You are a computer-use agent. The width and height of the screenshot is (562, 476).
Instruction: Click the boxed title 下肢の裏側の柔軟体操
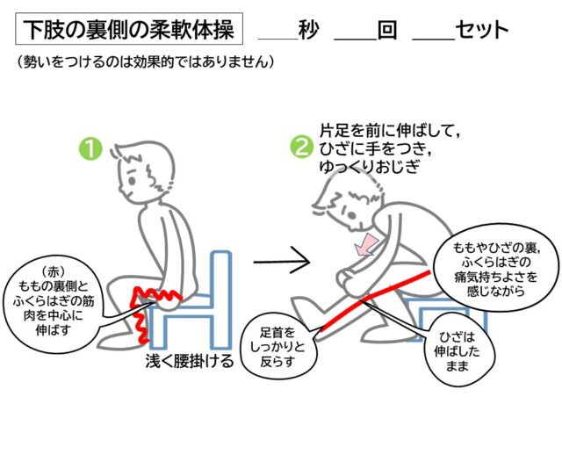[x=129, y=29]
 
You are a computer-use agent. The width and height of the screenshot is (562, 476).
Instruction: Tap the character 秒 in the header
[x=308, y=29]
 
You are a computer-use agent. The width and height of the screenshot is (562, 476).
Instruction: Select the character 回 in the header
[x=387, y=30]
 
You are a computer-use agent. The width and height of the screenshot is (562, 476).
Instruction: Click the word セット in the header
[x=482, y=30]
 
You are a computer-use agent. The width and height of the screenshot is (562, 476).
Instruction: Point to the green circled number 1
[x=90, y=148]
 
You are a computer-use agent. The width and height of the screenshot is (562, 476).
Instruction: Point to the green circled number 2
[x=301, y=148]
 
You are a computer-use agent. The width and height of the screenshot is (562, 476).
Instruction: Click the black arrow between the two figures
[x=282, y=262]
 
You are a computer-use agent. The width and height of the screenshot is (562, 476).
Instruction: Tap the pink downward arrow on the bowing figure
[x=365, y=244]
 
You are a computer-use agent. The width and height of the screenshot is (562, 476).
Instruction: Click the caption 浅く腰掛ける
[x=190, y=361]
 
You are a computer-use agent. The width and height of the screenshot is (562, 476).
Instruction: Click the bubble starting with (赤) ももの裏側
[x=53, y=302]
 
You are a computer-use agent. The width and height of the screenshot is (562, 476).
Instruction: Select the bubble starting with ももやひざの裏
[x=497, y=268]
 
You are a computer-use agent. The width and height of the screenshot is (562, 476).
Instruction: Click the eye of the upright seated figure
[x=133, y=181]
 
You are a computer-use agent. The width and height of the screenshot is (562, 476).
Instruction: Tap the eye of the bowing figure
[x=351, y=215]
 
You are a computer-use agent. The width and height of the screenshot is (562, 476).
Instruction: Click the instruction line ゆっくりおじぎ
[x=369, y=166]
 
